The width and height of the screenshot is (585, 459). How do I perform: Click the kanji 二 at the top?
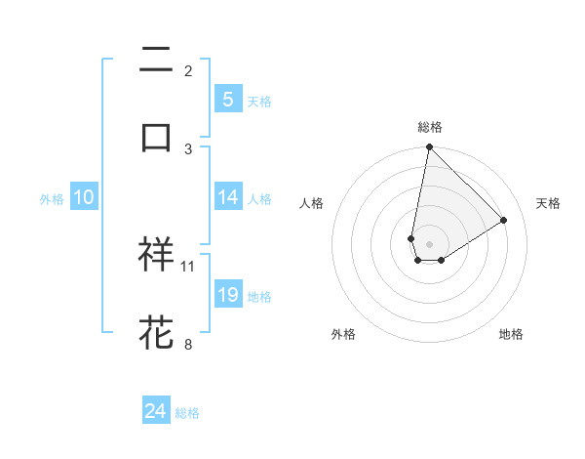(x=156, y=60)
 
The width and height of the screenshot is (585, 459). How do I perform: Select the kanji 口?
(x=156, y=137)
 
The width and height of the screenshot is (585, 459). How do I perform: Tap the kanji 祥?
(x=156, y=254)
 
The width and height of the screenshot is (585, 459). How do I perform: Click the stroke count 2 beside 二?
(x=188, y=70)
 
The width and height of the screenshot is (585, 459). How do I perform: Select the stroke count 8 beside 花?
(x=188, y=344)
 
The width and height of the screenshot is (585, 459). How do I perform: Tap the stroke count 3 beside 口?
(x=188, y=148)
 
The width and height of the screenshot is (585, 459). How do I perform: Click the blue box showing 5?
(x=227, y=99)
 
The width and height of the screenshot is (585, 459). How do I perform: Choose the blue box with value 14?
(x=227, y=197)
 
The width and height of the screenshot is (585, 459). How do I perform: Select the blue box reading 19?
(x=227, y=295)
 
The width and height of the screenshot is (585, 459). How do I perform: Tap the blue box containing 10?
(x=84, y=197)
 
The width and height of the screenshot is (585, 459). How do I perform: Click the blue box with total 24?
(x=156, y=411)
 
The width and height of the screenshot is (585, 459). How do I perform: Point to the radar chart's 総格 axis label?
(x=430, y=127)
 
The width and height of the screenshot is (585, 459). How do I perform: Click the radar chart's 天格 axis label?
(x=548, y=203)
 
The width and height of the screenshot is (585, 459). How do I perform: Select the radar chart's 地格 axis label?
(x=511, y=334)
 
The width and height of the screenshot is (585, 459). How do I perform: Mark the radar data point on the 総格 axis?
(x=429, y=147)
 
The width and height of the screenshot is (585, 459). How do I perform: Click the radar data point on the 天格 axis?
(x=504, y=220)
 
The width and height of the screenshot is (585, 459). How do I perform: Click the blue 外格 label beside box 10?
(x=52, y=198)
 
